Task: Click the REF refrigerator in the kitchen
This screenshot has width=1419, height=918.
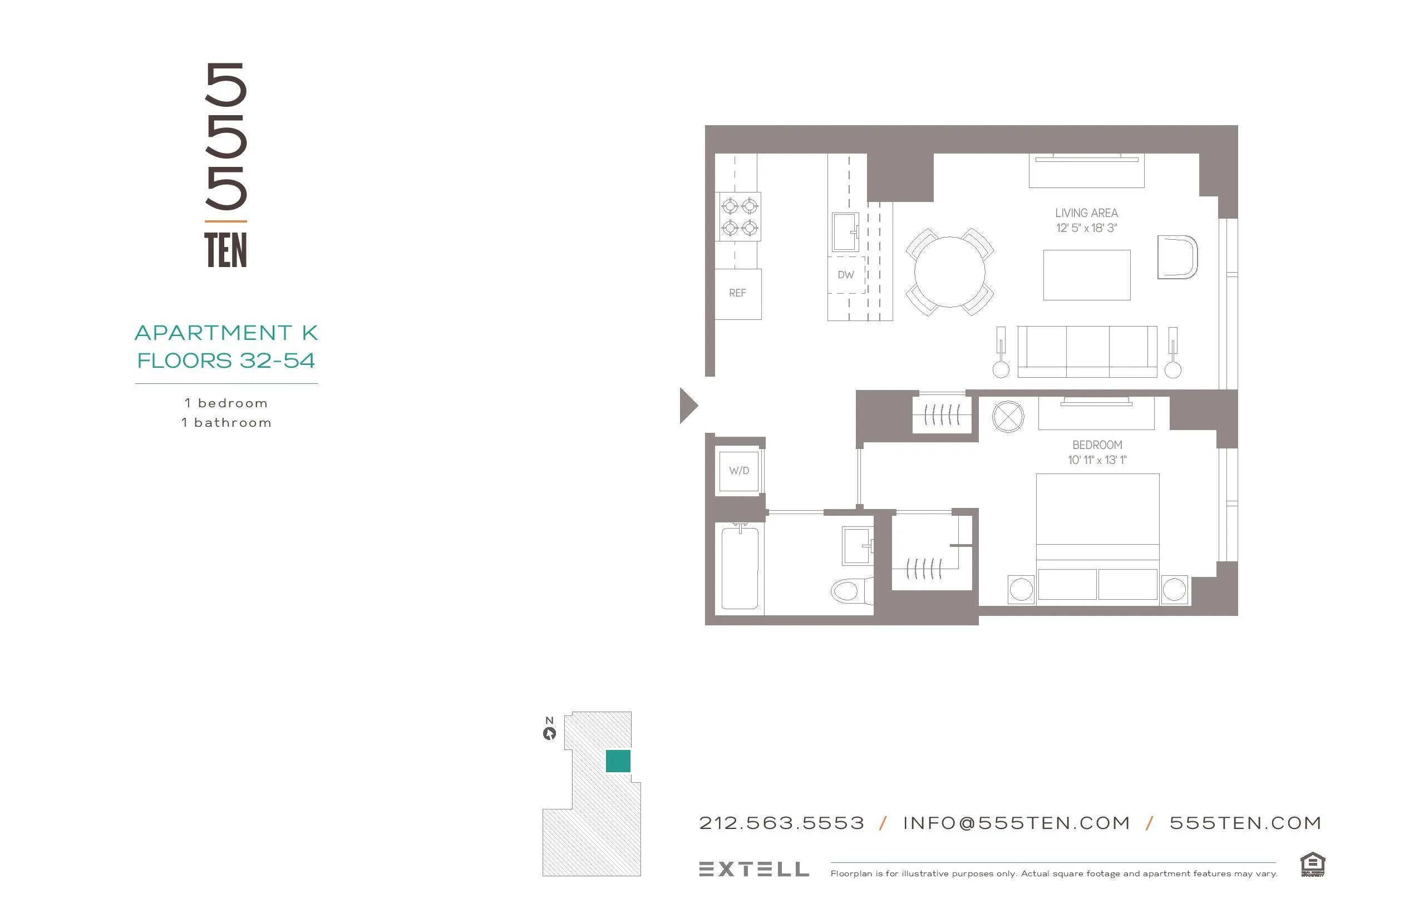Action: [x=737, y=293]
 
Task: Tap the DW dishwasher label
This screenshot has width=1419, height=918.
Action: [x=845, y=275]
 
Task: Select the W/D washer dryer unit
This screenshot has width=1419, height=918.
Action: [x=739, y=471]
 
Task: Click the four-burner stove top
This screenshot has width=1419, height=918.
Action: [x=740, y=217]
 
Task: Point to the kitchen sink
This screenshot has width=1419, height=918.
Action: [x=845, y=232]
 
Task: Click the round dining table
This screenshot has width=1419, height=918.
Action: [x=949, y=272]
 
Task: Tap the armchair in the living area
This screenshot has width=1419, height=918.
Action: [x=1176, y=257]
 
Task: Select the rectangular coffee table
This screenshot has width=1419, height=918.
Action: [x=1086, y=275]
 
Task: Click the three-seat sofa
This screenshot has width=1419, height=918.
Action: [x=1087, y=352]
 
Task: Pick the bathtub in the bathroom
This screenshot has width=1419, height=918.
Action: [x=740, y=568]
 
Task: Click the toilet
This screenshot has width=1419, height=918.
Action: [x=849, y=591]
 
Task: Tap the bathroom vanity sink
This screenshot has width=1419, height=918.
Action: [x=857, y=545]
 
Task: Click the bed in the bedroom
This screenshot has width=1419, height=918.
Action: [x=1097, y=536]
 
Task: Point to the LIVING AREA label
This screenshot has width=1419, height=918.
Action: [x=1086, y=213]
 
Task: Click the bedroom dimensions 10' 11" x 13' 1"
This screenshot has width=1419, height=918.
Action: [x=1097, y=460]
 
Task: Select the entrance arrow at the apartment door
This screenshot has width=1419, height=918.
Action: [x=687, y=406]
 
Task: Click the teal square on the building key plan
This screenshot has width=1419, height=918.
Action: [x=618, y=761]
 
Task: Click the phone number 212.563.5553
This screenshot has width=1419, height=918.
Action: [x=781, y=823]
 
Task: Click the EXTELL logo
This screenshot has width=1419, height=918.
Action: [x=753, y=869]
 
